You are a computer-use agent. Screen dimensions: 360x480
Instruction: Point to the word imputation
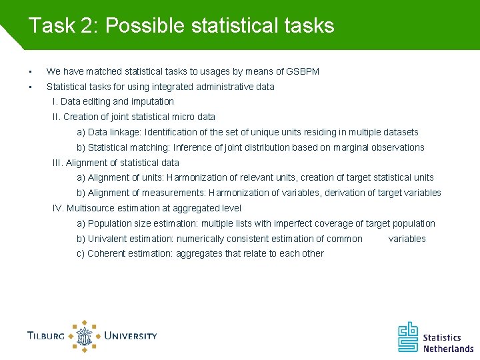152,101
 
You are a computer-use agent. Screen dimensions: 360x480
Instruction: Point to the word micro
180,117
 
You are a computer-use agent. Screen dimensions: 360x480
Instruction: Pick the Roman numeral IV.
58,208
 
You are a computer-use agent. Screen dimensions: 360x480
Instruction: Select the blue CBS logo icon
409,337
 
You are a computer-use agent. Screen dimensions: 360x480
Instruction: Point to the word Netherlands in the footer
448,348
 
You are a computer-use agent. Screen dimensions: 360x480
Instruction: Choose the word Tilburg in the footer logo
46,336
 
